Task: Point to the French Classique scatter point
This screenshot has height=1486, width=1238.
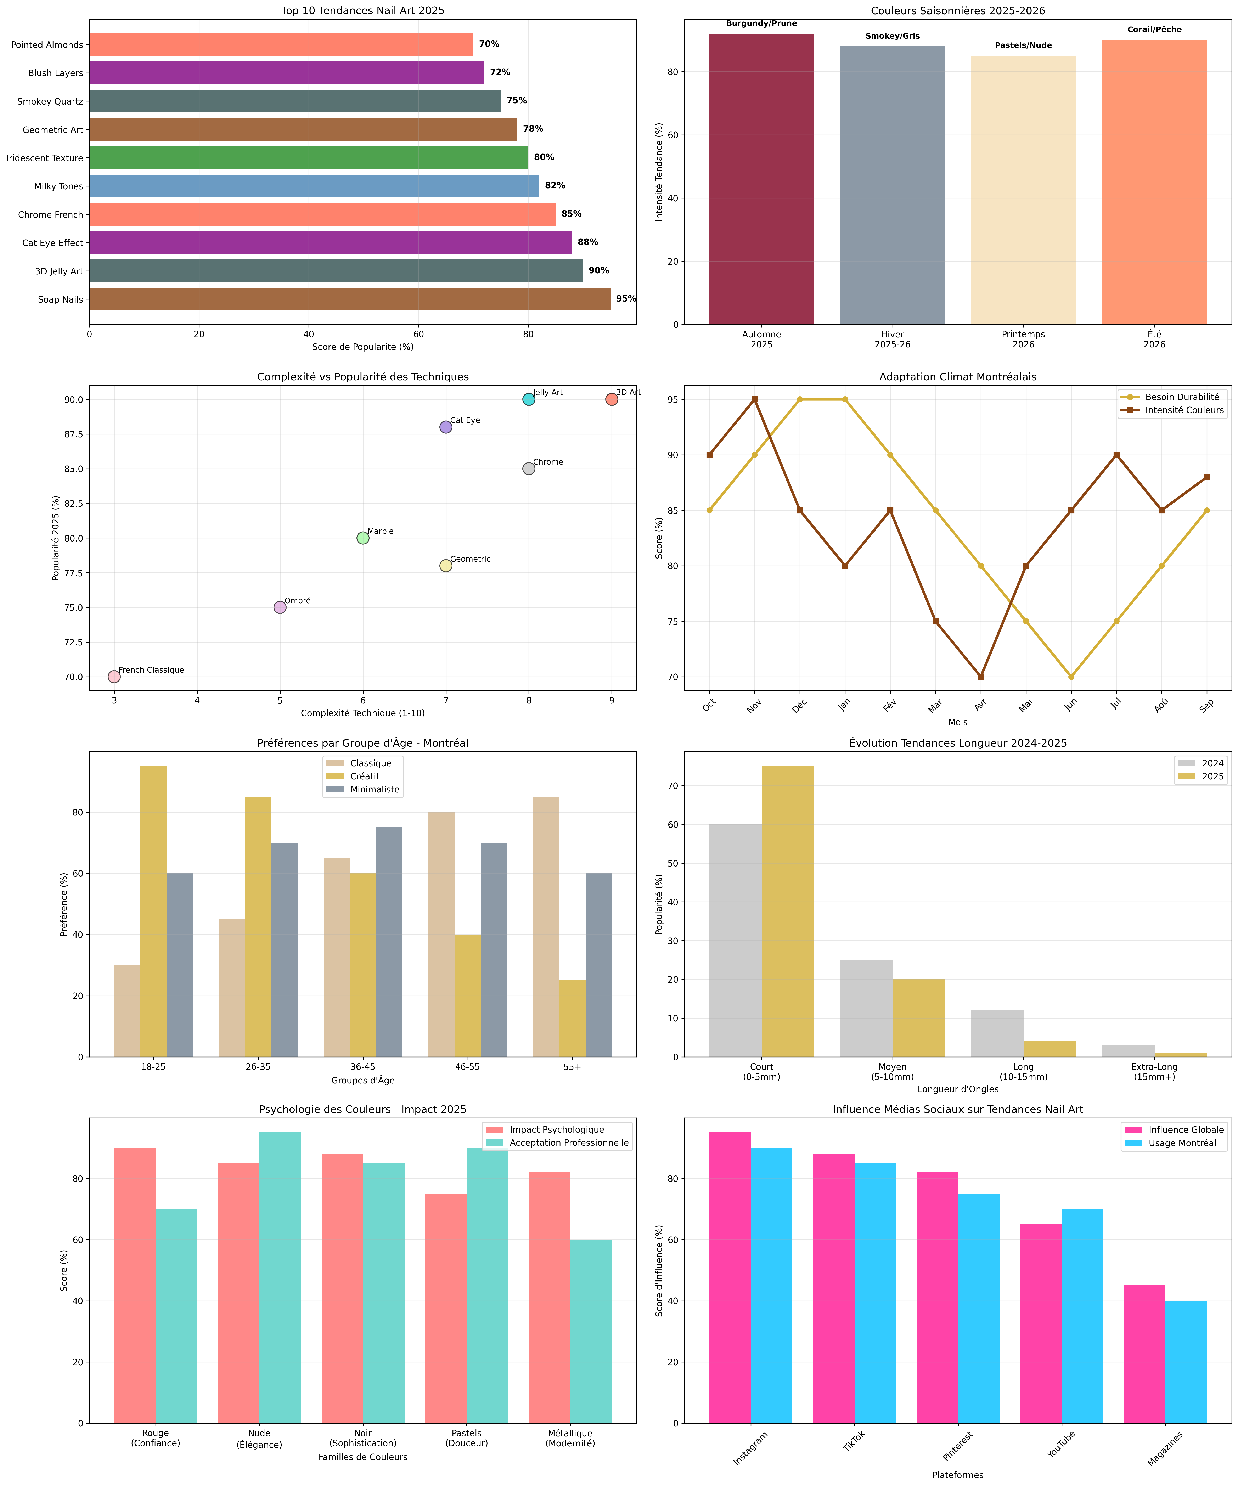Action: click(114, 677)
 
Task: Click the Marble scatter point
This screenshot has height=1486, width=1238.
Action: click(363, 538)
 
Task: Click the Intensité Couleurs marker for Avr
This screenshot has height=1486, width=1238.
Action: click(980, 677)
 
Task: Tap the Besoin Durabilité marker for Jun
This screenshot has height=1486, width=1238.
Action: click(1071, 677)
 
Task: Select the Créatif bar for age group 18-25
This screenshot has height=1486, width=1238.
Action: click(153, 912)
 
